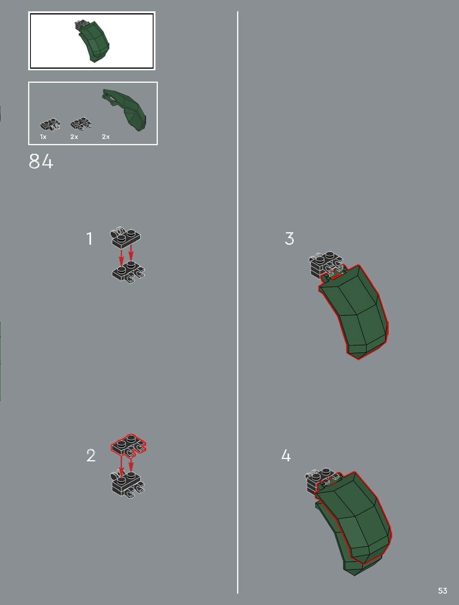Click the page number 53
[443, 591]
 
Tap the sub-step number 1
[89, 238]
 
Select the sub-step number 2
[91, 456]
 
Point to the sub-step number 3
[289, 238]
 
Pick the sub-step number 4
[286, 456]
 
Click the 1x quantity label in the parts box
[43, 137]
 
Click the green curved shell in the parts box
[124, 109]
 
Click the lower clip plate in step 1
[129, 272]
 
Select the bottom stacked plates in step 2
[127, 484]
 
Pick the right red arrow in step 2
[131, 464]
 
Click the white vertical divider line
[237, 302]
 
